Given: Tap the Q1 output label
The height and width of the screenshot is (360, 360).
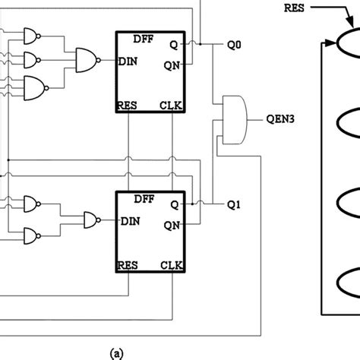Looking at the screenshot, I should coord(234,204).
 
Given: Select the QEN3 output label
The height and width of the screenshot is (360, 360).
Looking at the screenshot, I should coord(279,119).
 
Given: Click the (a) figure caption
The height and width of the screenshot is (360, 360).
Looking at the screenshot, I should coord(116,352).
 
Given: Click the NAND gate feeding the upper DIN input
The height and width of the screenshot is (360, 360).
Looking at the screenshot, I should coord(86,61).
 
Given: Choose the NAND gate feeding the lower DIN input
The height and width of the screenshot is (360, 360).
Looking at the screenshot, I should coord(91,221).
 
